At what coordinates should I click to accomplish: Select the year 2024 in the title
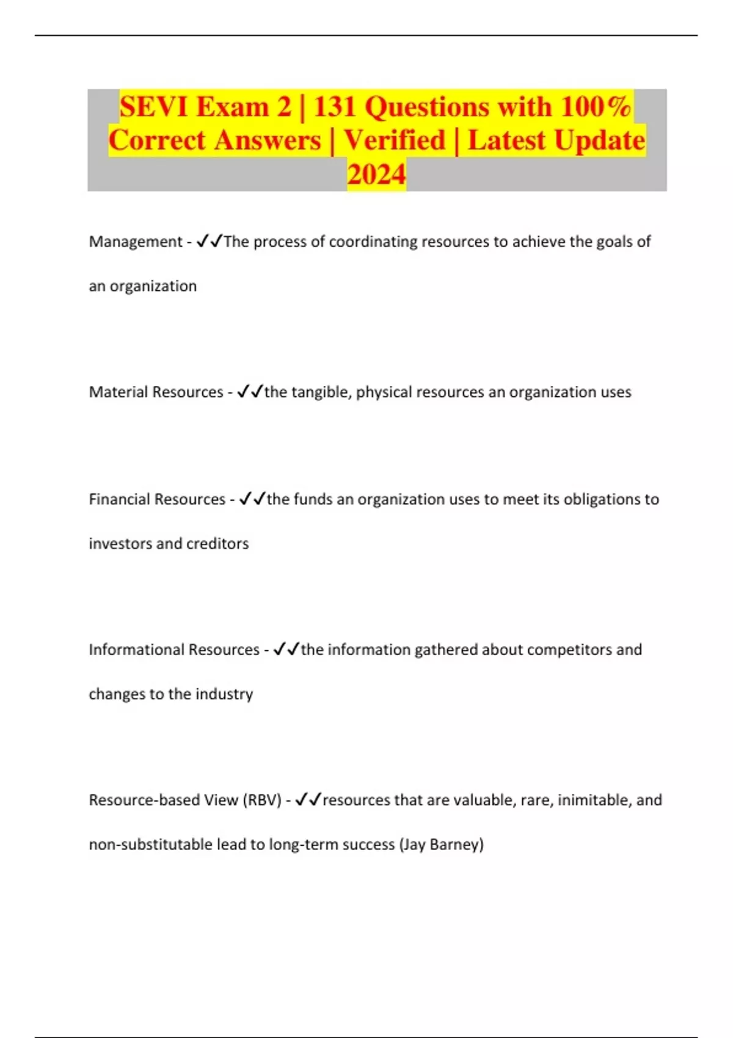click(376, 175)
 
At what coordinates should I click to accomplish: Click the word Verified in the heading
click(395, 141)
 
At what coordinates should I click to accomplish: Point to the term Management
click(136, 242)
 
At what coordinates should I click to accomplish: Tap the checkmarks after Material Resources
click(250, 391)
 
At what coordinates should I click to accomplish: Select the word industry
click(224, 694)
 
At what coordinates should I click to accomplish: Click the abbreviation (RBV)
click(262, 800)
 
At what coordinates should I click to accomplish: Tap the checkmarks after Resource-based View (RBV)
click(308, 800)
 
